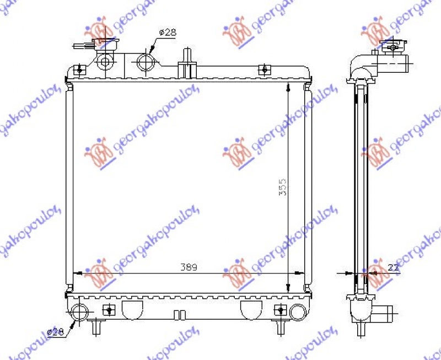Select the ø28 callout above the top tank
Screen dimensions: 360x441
point(167,33)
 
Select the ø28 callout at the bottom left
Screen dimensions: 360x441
point(55,332)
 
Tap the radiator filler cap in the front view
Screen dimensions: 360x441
point(104,47)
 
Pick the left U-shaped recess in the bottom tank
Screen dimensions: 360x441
point(131,309)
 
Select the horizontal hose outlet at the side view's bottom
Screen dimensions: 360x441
point(385,313)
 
